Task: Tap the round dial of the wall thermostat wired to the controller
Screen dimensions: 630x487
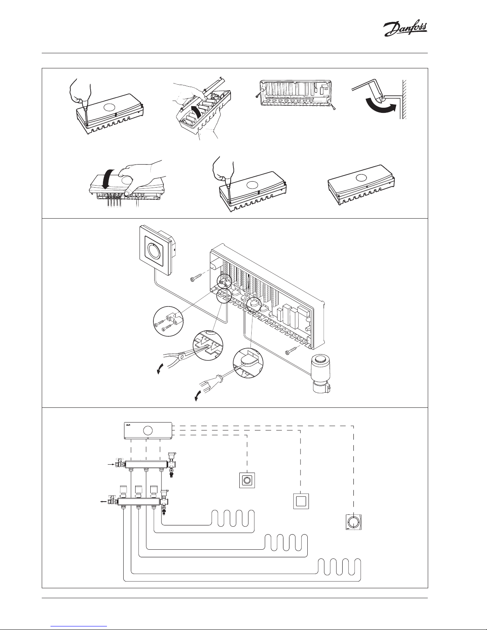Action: tap(153, 250)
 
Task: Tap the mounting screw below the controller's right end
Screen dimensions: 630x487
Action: tap(292, 350)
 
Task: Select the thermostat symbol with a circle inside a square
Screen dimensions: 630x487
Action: tap(246, 480)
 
